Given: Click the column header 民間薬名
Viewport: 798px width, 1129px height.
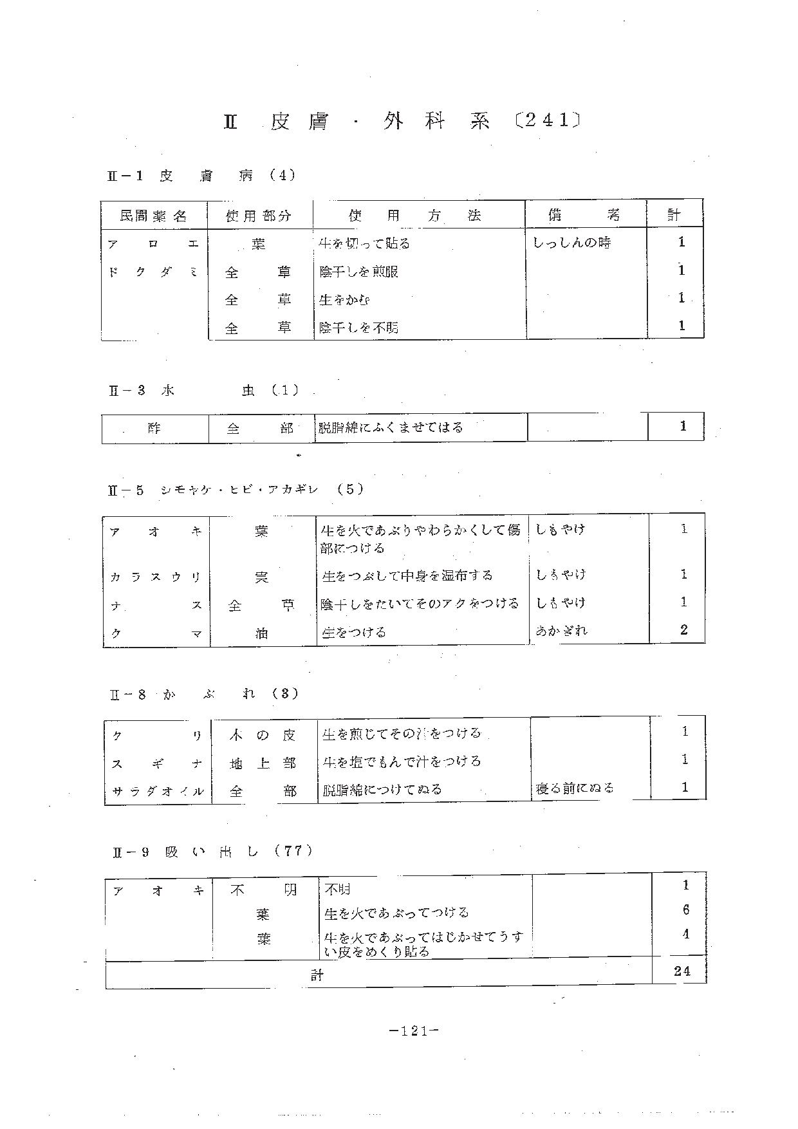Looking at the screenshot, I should [153, 216].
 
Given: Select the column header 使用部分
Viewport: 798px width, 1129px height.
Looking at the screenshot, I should [259, 216].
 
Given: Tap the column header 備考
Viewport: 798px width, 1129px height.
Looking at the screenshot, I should [584, 215].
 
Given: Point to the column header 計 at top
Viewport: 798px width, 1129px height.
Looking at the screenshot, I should [674, 215].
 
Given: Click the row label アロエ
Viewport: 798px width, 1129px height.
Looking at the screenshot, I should [153, 244].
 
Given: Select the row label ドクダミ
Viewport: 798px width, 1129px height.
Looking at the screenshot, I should [153, 272].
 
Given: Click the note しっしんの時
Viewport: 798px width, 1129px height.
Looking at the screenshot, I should [572, 243].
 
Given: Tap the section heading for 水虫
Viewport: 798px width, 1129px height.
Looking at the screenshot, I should [203, 390].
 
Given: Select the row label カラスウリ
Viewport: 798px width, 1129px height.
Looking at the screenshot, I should [156, 577].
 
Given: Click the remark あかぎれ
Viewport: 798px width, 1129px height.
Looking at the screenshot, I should [561, 630].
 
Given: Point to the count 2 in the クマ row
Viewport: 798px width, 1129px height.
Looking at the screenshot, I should [683, 630].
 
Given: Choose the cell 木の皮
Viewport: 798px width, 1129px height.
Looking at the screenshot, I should [263, 735].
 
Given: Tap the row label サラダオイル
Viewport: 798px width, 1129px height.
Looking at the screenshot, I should [158, 791].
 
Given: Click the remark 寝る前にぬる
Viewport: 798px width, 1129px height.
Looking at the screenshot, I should [574, 788].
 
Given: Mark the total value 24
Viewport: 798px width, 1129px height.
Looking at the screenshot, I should [682, 971].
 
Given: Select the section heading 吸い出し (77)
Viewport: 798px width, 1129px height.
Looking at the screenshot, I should [213, 851].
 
